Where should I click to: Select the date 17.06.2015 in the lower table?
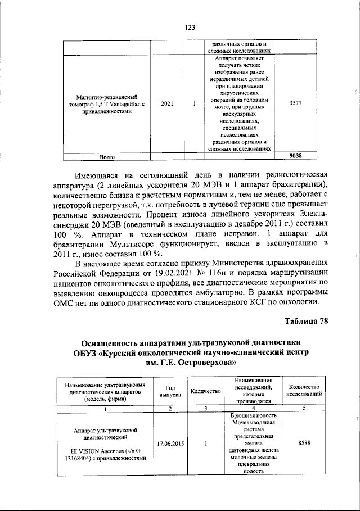click(170, 444)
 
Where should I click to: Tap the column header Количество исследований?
click(304, 391)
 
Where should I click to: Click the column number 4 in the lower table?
click(250, 408)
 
